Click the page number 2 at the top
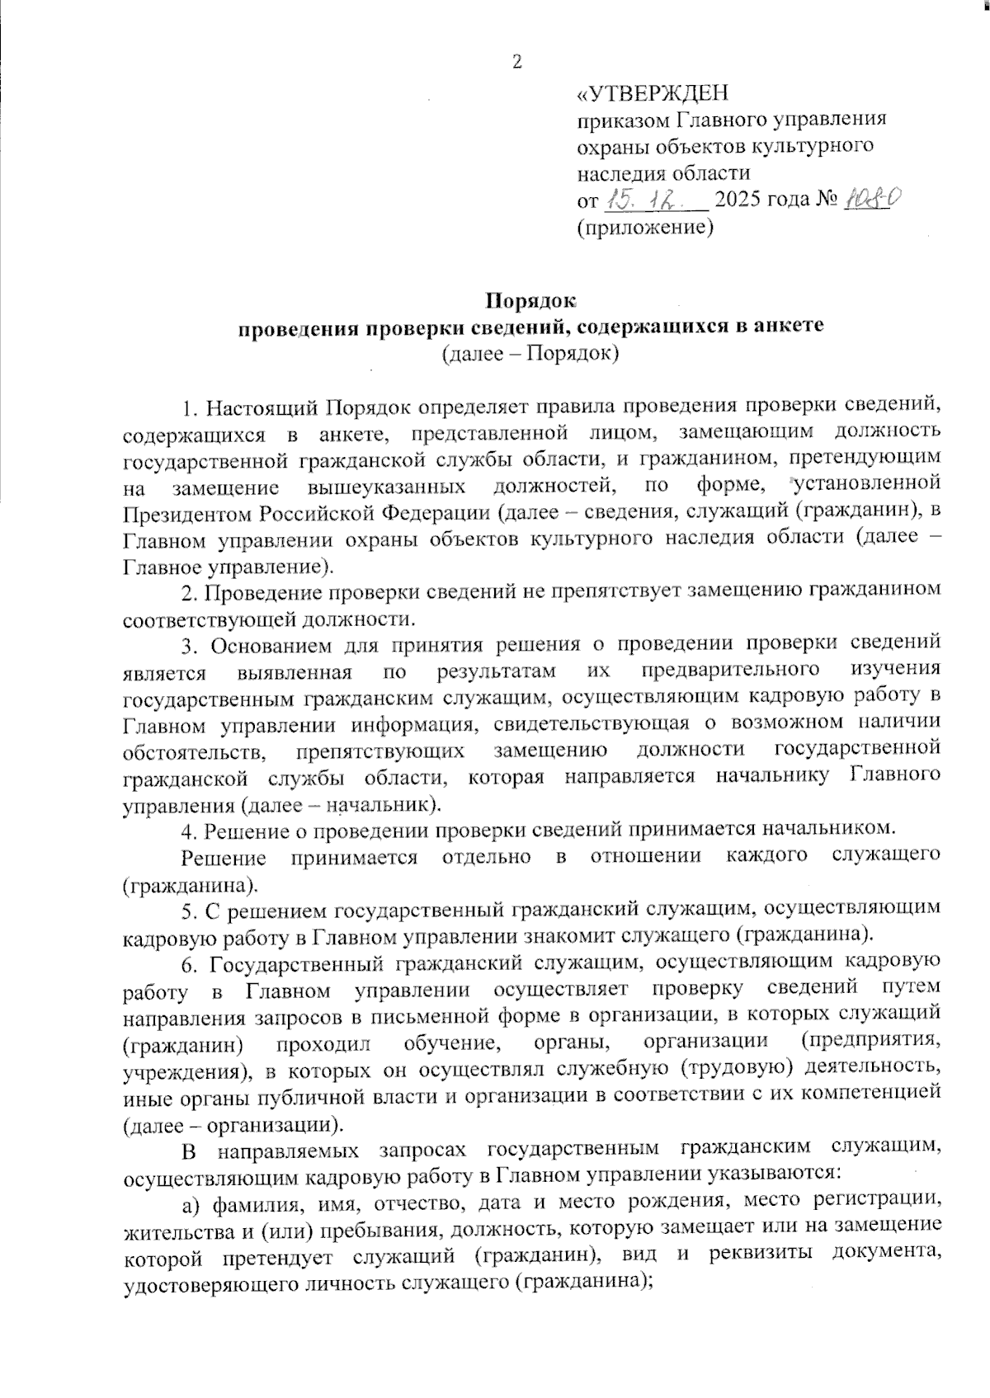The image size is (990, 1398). (x=517, y=62)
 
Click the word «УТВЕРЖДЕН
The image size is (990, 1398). (x=652, y=92)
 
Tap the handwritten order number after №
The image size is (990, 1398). (x=873, y=199)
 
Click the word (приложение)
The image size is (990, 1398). (x=644, y=228)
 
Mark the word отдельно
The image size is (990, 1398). (x=486, y=856)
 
